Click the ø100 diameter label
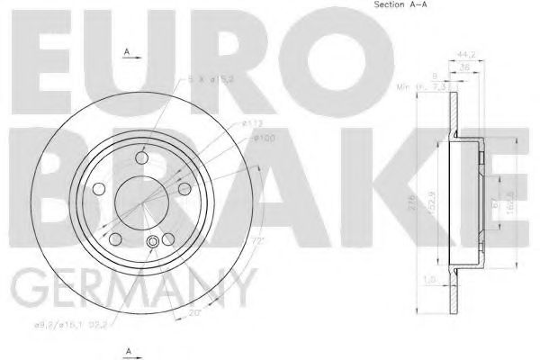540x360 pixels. [263, 137]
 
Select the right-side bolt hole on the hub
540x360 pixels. [184, 188]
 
